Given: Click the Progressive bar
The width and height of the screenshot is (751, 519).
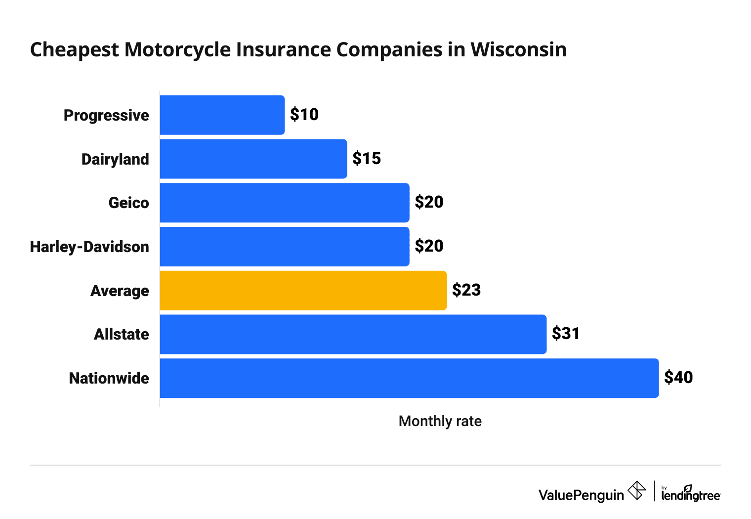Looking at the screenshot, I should pos(222,115).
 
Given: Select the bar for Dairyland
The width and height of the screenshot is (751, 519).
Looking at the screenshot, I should pos(253,159).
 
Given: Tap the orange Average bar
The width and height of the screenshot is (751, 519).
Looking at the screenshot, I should pos(303,291).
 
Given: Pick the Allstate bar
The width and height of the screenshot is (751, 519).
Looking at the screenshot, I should pos(353,334).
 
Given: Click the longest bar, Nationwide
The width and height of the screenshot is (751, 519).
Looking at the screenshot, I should pos(409,378).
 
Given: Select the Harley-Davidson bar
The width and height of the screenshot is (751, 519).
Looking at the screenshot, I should pos(285,247).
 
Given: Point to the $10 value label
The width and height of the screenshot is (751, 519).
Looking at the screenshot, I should pos(304,115).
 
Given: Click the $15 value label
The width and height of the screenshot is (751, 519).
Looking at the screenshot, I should pos(367,159).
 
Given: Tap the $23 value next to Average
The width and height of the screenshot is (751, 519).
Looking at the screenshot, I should pos(466,290).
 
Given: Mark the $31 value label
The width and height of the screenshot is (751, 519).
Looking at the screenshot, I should pos(566,334).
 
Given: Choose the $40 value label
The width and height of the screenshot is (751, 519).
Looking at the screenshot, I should pos(678,378).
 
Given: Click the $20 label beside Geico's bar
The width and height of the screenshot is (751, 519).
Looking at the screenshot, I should pos(429,202).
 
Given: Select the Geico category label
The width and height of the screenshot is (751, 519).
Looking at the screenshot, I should pos(128,203).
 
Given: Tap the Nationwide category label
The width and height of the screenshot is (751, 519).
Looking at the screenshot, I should pos(109,379).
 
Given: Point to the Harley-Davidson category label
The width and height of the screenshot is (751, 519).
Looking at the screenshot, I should pos(89,247).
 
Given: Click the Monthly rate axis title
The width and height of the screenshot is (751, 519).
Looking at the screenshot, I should pos(440,421).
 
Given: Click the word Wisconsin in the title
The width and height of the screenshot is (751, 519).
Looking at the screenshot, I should pos(518,50).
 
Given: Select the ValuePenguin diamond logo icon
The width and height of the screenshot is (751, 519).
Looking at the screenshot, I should pos(637,491).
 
